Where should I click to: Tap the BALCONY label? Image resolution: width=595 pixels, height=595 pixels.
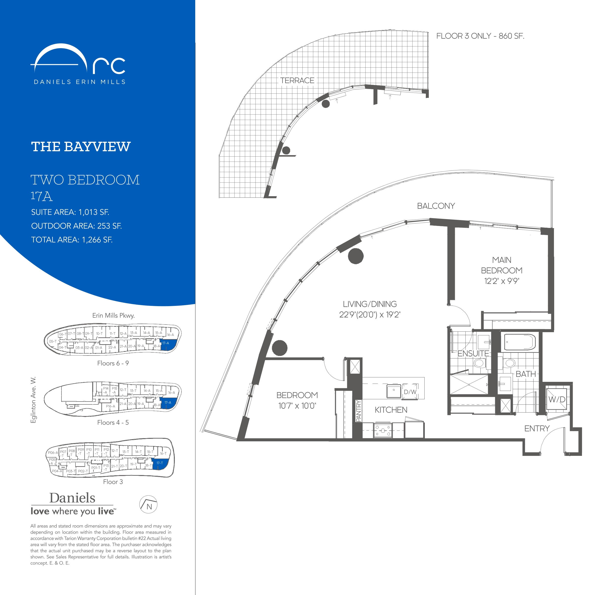coord(436,206)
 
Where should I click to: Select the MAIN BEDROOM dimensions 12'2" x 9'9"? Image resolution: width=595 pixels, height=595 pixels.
coord(502,281)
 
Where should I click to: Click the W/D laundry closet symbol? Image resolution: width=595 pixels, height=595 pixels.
coord(557,400)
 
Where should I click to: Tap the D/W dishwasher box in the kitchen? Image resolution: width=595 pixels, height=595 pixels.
coord(410,392)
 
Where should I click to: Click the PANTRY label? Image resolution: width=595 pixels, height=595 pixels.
coord(358,411)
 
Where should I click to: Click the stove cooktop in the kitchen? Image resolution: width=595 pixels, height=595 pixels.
coord(383,430)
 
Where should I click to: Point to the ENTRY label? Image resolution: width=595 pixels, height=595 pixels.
coord(537,428)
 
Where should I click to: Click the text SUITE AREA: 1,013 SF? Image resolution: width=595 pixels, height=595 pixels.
coord(70,212)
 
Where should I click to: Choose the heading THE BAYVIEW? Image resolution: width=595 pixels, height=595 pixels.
coord(81,147)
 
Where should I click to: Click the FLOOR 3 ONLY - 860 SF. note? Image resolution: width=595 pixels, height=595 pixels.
coord(480,36)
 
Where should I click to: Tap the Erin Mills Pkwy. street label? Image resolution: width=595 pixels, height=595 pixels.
coord(113,315)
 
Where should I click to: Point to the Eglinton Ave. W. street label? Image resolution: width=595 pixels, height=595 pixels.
coord(33,400)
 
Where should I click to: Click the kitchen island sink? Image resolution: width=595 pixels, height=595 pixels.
coord(394,391)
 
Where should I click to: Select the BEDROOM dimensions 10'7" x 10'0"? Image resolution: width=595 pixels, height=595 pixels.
coord(297,406)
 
